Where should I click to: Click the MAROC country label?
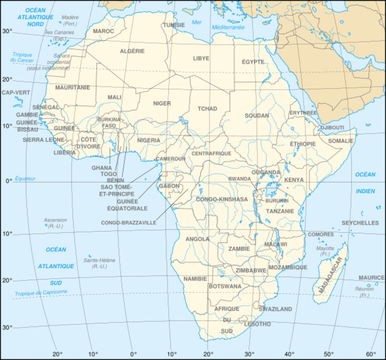(103, 30)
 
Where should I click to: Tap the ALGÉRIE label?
(132, 51)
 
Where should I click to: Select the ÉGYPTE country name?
(253, 62)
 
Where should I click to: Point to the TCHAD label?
(207, 108)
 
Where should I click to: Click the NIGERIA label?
(149, 140)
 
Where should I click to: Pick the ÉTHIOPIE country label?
(302, 143)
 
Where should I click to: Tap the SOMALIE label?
(341, 141)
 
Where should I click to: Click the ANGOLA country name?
(198, 239)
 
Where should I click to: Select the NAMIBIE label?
(195, 278)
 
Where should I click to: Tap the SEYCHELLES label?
(360, 223)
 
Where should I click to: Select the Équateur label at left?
(26, 179)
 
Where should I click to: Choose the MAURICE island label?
(372, 277)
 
